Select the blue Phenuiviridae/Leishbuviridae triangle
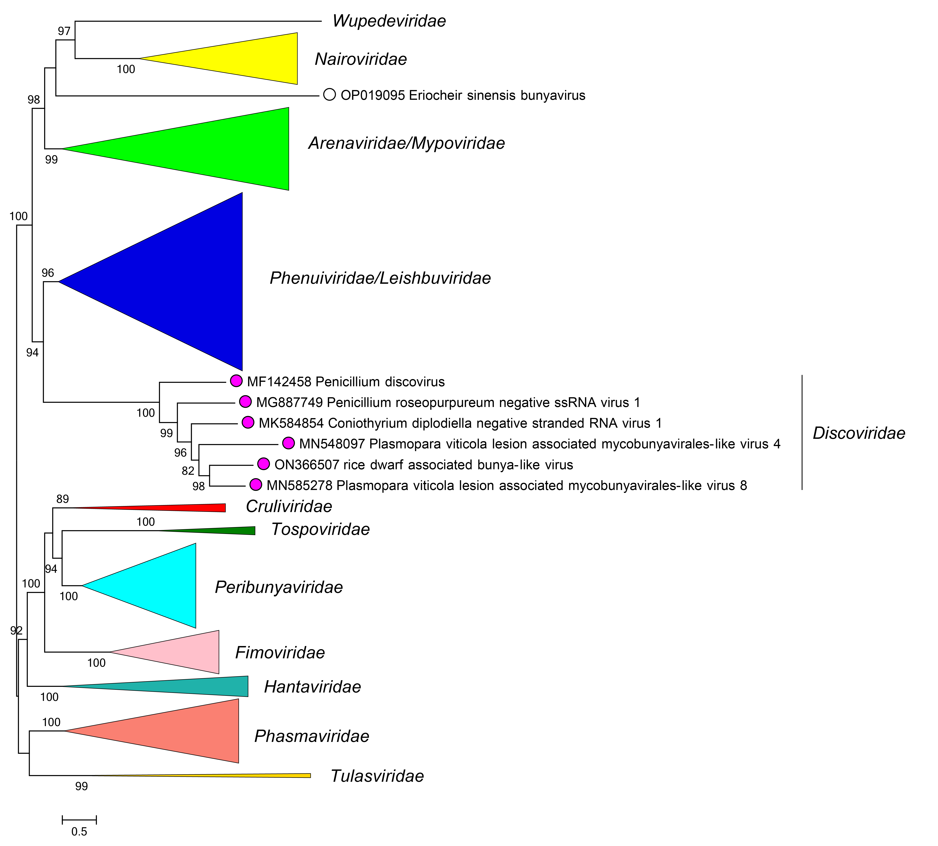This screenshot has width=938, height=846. (186, 281)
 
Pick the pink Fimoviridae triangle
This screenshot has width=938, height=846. (186, 652)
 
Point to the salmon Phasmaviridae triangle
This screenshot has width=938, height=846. (186, 731)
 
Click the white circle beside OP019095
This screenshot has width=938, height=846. (329, 95)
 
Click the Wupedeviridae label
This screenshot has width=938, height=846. (389, 21)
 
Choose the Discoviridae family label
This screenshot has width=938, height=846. (858, 433)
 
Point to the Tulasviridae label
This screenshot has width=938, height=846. (377, 776)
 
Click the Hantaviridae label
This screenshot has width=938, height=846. (312, 687)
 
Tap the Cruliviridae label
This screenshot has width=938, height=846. (289, 506)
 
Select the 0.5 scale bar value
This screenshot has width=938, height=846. (79, 832)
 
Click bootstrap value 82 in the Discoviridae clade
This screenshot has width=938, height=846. (188, 471)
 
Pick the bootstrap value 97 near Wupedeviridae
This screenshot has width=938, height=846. (64, 31)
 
